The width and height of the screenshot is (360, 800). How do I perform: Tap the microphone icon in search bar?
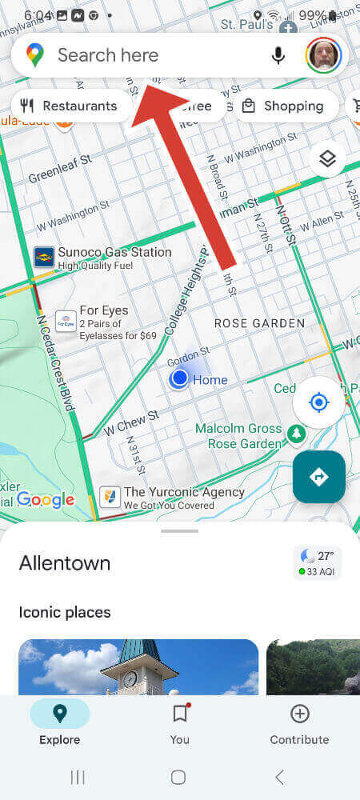click(x=278, y=55)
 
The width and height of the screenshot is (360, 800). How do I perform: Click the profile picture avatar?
click(x=324, y=55)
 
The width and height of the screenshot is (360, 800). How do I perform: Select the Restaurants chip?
click(x=70, y=106)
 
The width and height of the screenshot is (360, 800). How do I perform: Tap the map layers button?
click(x=327, y=159)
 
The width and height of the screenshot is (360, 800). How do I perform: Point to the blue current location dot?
click(x=179, y=378)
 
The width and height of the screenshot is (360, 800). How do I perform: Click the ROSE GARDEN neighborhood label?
click(x=259, y=323)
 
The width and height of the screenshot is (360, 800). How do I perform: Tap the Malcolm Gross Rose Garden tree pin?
click(x=296, y=434)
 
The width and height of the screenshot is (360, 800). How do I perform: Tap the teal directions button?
click(x=318, y=477)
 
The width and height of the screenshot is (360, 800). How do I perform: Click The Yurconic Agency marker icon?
click(x=110, y=498)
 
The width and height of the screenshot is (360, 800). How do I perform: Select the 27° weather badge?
click(x=318, y=562)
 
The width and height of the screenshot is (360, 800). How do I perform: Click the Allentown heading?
click(x=65, y=563)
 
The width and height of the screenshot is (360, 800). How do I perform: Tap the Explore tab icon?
click(x=60, y=714)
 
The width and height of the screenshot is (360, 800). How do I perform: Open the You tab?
click(x=180, y=724)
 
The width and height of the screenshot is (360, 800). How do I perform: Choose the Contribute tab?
click(x=299, y=724)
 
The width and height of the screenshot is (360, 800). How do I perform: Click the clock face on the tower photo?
click(x=130, y=678)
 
